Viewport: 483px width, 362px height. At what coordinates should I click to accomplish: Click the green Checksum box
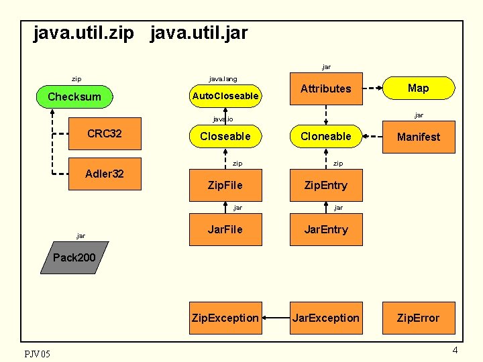[74, 97]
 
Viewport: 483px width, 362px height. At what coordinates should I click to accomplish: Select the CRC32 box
[105, 133]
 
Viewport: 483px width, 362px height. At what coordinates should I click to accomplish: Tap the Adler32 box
[105, 174]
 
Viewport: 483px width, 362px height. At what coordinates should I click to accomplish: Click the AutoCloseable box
[225, 97]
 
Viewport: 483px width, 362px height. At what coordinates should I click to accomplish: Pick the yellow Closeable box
[225, 137]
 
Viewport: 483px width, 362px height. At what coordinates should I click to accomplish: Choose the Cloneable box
[325, 137]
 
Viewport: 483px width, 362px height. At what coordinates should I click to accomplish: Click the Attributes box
[325, 88]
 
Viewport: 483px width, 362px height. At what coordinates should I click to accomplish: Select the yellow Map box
[418, 88]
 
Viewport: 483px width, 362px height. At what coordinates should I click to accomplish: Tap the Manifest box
[418, 137]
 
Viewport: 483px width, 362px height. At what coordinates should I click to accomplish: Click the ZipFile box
[225, 184]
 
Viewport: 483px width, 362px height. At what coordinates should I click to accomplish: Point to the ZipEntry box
[325, 184]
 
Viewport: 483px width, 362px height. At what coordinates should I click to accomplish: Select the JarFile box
[225, 229]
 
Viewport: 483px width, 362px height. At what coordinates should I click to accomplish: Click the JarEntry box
[325, 229]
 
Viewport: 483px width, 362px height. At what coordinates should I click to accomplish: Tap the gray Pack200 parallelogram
[74, 258]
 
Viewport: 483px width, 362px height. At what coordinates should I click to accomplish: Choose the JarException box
[325, 318]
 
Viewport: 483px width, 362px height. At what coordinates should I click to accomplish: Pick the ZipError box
[418, 318]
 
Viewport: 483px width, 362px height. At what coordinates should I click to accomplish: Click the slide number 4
[455, 351]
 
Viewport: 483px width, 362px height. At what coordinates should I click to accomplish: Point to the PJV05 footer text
[37, 353]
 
